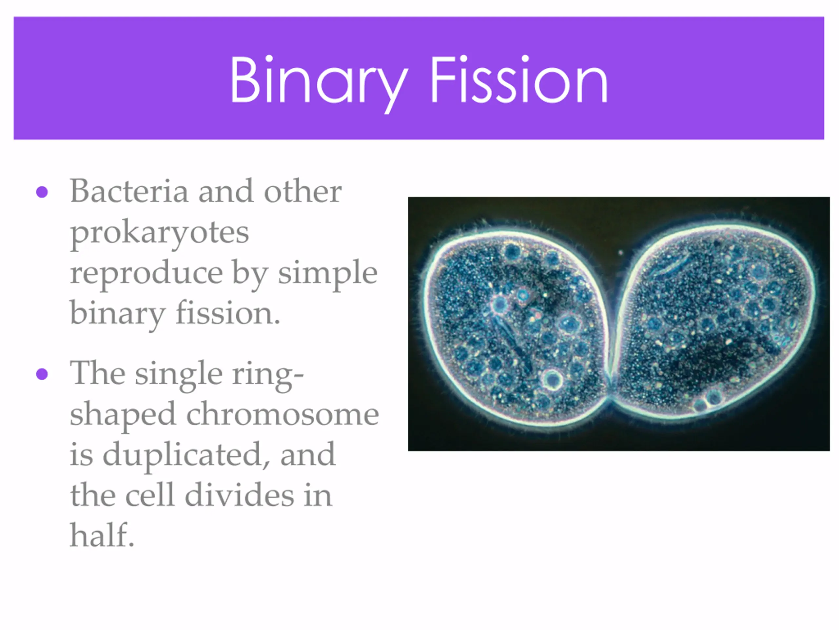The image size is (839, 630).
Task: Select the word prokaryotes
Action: pos(160,233)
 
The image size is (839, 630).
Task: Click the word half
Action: pos(102,535)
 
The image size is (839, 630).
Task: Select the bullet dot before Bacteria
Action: pos(42,192)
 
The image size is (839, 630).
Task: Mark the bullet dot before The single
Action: pos(42,374)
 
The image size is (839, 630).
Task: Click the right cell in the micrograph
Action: pos(713,321)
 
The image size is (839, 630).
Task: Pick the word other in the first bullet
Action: pos(303,191)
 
